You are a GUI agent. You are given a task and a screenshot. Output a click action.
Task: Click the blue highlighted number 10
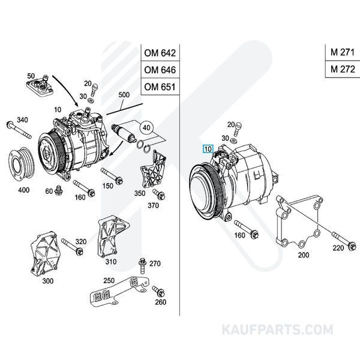[208, 148]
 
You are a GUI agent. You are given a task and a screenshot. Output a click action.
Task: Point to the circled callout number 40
[146, 127]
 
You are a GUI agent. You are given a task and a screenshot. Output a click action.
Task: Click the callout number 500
[124, 95]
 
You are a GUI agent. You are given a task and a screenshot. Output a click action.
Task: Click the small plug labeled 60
[59, 191]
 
